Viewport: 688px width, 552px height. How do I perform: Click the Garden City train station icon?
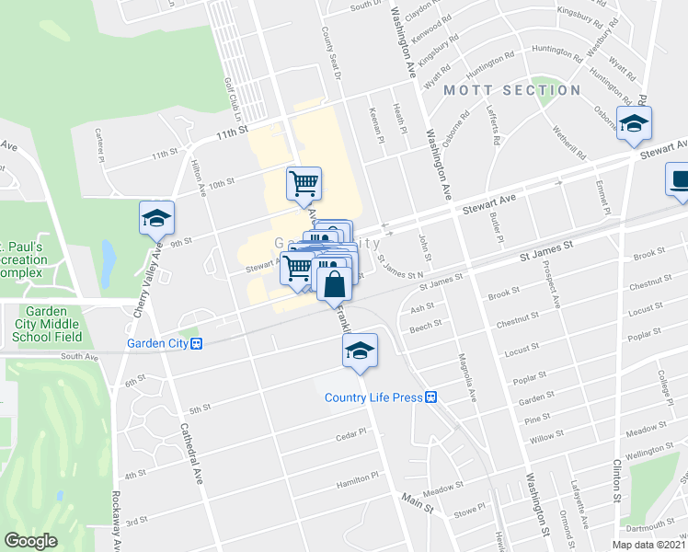[196, 344]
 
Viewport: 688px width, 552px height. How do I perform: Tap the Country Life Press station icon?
[430, 397]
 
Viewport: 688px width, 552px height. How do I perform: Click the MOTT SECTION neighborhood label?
[512, 90]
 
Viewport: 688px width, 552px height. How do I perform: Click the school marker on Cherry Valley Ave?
[156, 219]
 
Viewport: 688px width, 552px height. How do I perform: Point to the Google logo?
[31, 541]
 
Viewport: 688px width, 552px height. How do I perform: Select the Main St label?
[416, 498]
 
